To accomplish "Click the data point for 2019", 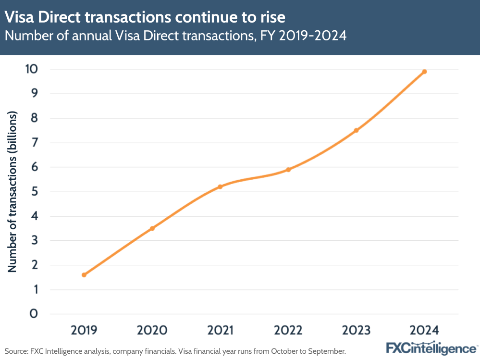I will (84, 275).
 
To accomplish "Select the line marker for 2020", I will (152, 228).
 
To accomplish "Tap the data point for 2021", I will (220, 186).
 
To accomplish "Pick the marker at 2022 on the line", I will (288, 170).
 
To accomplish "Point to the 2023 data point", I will (356, 130).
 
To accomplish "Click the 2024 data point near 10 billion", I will (424, 72).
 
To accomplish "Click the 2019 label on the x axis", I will (84, 330).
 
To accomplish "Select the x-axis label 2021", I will (220, 330).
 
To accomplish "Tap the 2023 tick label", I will (356, 330).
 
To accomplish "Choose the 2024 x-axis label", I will (424, 330).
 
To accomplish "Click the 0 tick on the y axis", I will (33, 314).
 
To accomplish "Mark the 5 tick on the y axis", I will (33, 192).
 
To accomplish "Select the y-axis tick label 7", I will (33, 143).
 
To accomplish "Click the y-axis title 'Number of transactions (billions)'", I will (12, 192).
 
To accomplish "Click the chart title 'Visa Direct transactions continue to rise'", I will (145, 17).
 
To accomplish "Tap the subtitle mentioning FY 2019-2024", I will (175, 36).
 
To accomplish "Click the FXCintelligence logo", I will (431, 348).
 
